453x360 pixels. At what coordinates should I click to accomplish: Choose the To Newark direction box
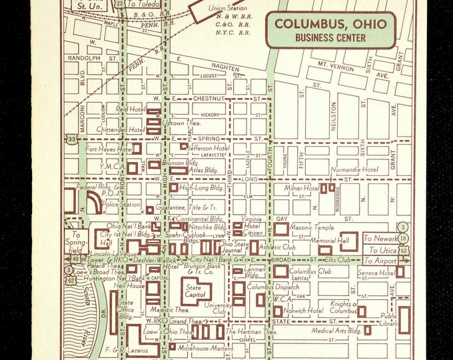pyautogui.click(x=379, y=237)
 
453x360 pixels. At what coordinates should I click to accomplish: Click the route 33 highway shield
pyautogui.click(x=70, y=139)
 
